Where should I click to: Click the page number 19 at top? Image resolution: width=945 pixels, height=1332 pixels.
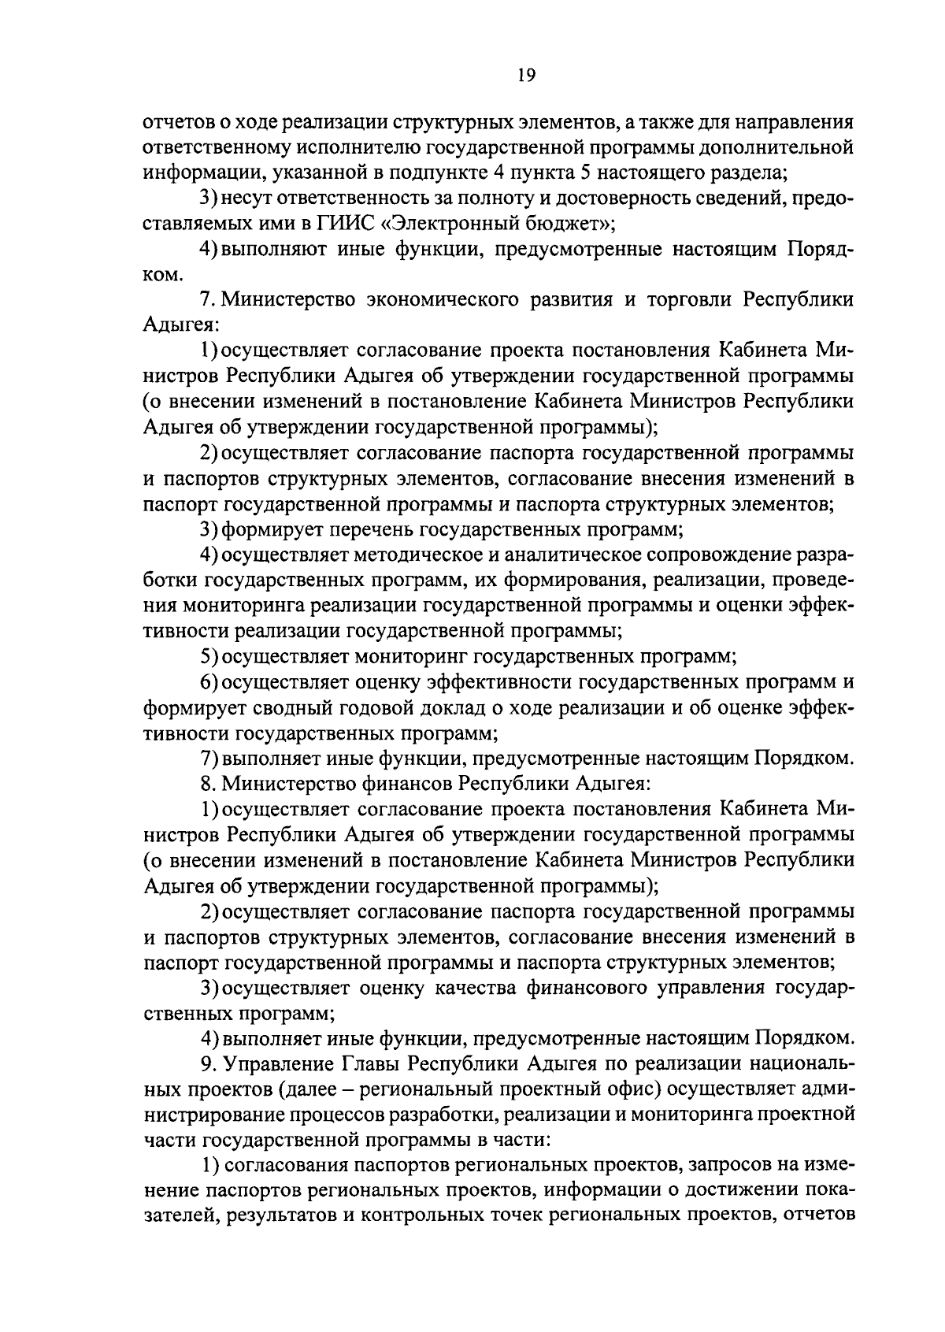click(527, 76)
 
